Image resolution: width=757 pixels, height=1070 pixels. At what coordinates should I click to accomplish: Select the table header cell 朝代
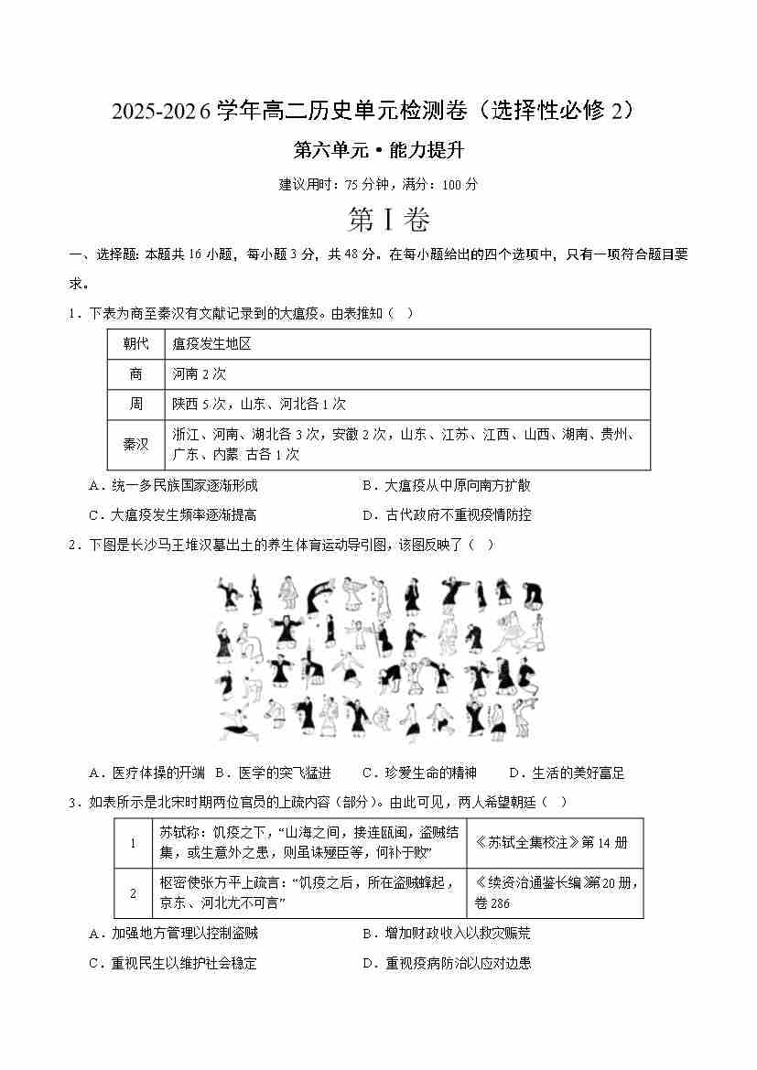(135, 344)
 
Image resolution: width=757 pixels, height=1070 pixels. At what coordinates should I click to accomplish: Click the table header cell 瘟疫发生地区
(211, 344)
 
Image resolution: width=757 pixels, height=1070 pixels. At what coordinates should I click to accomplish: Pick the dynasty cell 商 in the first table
(135, 373)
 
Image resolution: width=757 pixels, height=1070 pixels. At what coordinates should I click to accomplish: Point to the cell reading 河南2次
(199, 373)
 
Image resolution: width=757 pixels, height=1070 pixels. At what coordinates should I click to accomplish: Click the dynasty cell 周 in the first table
(135, 404)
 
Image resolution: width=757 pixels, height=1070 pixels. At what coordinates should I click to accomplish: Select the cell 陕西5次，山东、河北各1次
(259, 404)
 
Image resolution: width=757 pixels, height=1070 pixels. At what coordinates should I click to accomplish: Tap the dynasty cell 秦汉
(135, 444)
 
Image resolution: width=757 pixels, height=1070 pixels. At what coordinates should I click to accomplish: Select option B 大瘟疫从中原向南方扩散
(446, 485)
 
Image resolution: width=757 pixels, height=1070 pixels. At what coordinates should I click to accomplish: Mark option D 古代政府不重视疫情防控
(446, 514)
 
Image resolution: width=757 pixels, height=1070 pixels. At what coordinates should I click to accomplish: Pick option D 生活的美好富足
(566, 773)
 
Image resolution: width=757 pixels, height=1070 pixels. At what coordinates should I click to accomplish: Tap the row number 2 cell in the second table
(133, 892)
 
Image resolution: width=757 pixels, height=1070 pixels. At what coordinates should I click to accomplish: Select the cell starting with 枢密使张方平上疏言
(308, 892)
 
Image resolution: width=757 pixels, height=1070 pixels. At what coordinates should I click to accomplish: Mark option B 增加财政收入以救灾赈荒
(446, 934)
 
